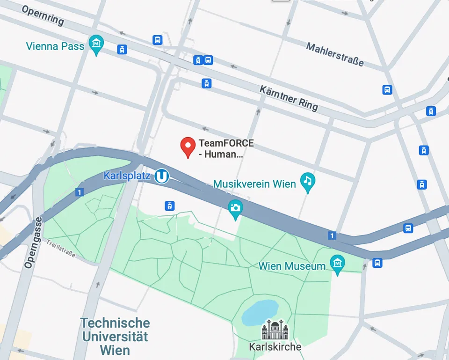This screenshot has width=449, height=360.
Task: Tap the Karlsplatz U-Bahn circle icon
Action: point(162,176)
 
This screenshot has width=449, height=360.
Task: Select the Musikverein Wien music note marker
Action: point(307,181)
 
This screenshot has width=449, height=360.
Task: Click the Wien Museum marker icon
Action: point(337,264)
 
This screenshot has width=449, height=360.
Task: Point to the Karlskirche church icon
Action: point(275,330)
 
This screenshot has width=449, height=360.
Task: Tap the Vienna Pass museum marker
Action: point(96,44)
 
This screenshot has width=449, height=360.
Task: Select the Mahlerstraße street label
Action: point(334,54)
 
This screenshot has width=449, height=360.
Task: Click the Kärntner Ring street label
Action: point(289,98)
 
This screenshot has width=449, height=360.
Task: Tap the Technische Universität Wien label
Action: point(115,336)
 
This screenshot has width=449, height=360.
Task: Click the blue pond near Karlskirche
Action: point(260,312)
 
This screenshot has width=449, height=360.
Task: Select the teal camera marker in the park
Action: point(235,208)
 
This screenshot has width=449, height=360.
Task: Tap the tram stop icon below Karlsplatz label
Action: point(169,206)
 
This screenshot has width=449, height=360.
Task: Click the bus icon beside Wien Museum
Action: point(377,263)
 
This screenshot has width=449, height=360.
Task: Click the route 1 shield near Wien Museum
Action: point(332,235)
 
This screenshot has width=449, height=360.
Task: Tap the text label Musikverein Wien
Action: point(254,184)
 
